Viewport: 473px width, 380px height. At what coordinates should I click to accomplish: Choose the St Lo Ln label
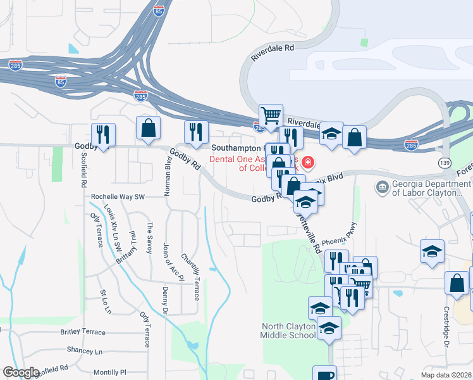click(105, 301)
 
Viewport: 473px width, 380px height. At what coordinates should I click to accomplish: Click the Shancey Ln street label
click(85, 351)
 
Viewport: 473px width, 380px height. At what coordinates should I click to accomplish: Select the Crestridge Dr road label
click(446, 327)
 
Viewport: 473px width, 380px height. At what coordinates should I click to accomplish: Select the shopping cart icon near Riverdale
click(271, 115)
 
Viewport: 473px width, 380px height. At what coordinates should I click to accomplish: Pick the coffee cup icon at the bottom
click(325, 374)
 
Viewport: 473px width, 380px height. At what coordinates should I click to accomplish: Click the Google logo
click(21, 372)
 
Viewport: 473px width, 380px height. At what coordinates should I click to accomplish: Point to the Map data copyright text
click(446, 375)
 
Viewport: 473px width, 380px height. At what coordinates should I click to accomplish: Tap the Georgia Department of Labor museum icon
click(382, 187)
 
